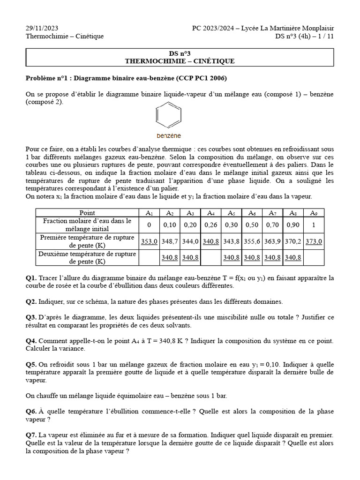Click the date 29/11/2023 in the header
(42, 28)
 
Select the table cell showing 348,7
(170, 241)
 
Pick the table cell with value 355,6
(252, 241)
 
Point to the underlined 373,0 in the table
(314, 241)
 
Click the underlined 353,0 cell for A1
(150, 241)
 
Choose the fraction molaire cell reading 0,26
(211, 225)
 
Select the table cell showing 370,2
(293, 241)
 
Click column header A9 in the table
(314, 213)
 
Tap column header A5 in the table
(232, 213)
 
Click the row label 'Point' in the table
(87, 213)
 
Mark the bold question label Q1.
(31, 278)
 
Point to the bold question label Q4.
(31, 341)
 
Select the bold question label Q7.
(31, 435)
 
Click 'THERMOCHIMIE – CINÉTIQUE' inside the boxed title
(180, 61)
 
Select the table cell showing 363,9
(272, 241)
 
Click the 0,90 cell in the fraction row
(293, 225)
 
